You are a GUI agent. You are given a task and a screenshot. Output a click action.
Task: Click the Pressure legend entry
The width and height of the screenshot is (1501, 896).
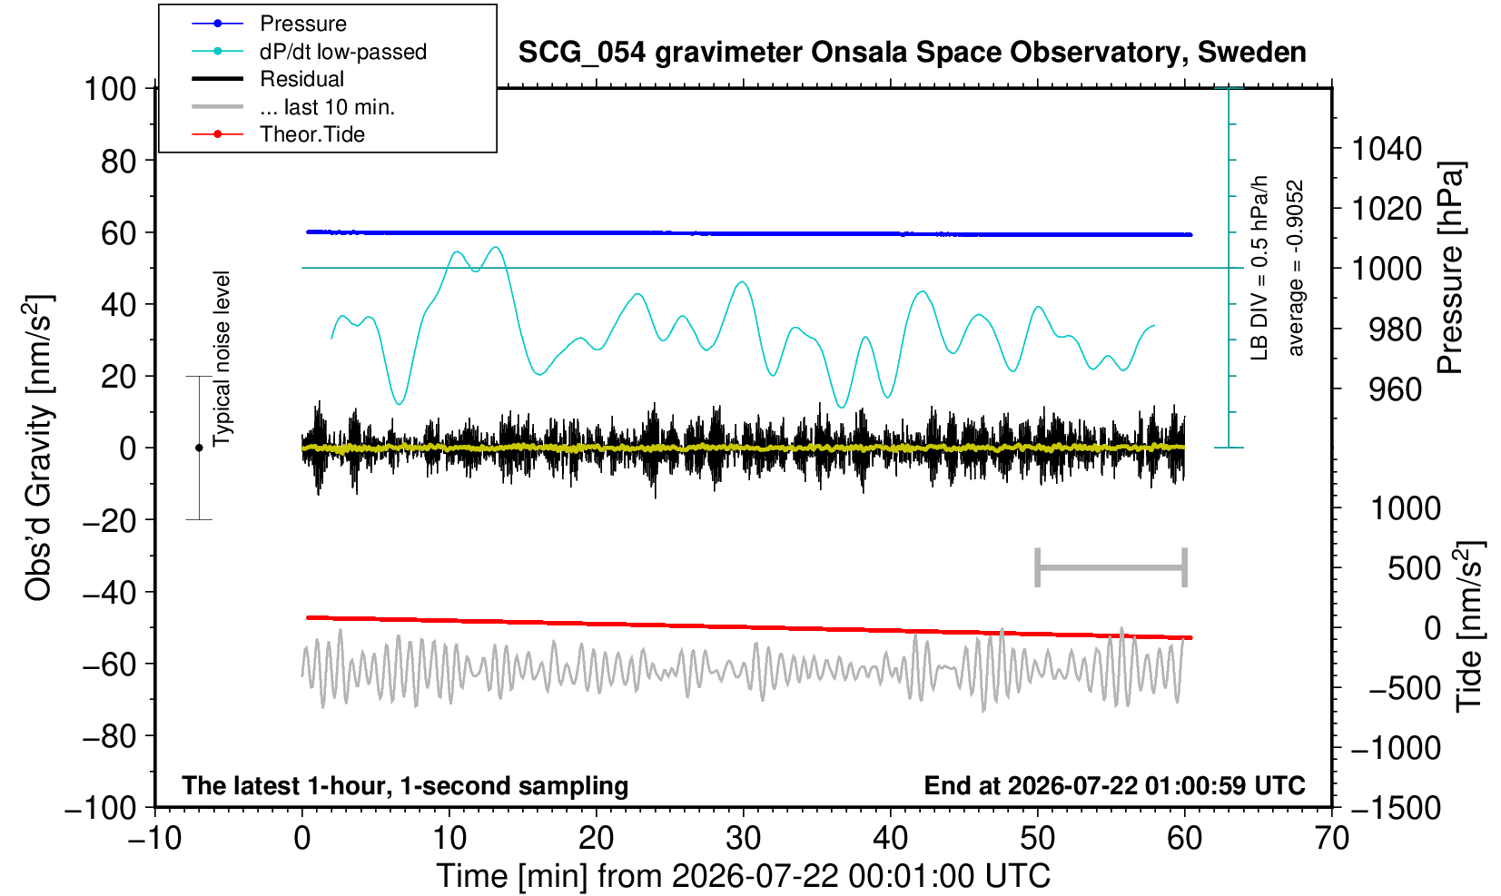270,24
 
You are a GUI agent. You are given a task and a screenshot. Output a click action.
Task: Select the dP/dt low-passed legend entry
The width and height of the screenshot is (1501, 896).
309,52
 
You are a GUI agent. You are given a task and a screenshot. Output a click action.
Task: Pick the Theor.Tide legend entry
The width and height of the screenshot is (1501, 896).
278,134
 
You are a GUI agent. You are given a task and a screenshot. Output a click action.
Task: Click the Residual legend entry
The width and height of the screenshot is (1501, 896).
268,79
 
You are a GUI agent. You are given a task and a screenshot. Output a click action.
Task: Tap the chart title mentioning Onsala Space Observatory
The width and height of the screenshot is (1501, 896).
912,53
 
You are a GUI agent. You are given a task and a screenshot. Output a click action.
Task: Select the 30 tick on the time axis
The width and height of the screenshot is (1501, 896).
743,839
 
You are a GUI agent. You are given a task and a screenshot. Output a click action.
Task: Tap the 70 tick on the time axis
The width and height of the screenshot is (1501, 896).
1331,839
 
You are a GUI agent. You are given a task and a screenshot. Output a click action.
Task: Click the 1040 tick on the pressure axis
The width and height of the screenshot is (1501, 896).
1387,149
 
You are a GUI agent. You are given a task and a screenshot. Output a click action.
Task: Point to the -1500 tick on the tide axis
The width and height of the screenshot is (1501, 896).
1395,808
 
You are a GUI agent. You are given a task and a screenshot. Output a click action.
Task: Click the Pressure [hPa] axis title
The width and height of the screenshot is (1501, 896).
1451,268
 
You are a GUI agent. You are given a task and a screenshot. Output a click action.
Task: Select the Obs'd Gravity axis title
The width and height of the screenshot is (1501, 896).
38,448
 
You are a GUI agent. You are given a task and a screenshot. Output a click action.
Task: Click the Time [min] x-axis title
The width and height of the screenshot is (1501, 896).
743,876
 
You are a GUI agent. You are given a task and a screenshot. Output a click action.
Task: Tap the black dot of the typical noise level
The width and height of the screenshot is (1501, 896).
199,448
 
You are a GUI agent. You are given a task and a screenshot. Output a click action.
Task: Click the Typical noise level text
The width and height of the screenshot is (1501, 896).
222,359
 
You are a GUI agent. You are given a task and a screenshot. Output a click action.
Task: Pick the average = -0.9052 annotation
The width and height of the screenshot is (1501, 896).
1295,268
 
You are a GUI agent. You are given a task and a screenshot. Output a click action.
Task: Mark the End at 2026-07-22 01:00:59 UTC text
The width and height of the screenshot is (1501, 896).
1114,785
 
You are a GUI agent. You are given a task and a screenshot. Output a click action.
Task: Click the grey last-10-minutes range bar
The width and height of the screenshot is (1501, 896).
1111,567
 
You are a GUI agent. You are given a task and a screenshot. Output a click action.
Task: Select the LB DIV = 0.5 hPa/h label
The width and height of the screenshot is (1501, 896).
1259,268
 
